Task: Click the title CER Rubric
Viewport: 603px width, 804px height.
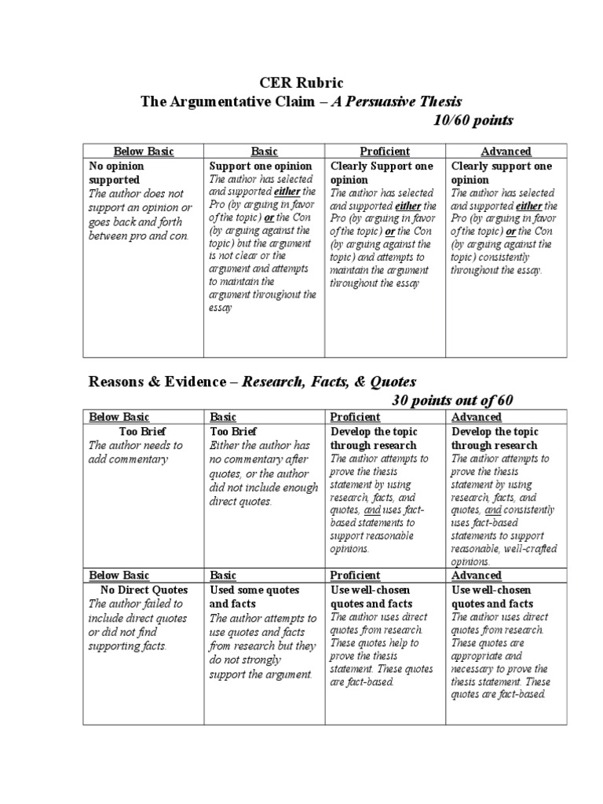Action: click(x=301, y=82)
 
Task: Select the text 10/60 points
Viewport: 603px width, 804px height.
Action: click(x=473, y=120)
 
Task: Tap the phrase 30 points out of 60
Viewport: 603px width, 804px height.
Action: click(x=452, y=401)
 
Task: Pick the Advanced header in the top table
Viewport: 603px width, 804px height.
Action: click(x=506, y=152)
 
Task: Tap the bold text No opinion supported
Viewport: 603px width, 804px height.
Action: click(x=117, y=173)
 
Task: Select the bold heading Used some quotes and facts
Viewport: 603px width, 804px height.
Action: click(x=249, y=597)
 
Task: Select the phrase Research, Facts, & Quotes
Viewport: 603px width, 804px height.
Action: click(x=328, y=382)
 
